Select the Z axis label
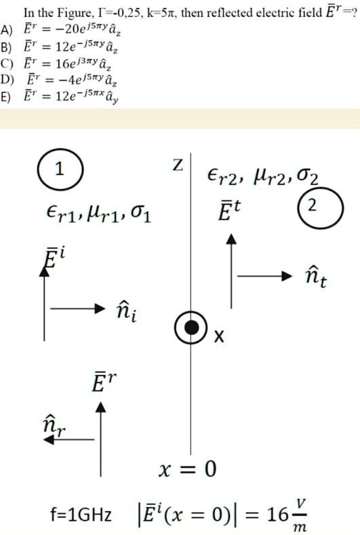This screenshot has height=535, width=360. [x=178, y=165]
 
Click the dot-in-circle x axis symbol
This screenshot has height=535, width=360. [x=191, y=328]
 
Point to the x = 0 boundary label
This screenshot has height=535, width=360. [x=187, y=469]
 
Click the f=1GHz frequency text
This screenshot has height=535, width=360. [x=81, y=514]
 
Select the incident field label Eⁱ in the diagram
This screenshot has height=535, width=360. [x=53, y=261]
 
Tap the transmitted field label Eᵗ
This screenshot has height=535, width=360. [x=229, y=210]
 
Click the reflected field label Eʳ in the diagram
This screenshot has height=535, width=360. [x=104, y=382]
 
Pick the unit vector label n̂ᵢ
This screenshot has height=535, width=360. [x=127, y=312]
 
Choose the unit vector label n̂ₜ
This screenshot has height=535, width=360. [x=315, y=277]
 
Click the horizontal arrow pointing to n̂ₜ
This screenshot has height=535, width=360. [x=265, y=276]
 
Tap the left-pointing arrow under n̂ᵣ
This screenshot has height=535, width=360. [x=69, y=439]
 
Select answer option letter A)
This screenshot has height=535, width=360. [x=7, y=30]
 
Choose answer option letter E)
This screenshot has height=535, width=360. [x=6, y=96]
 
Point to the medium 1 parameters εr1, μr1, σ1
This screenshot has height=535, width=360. [x=98, y=214]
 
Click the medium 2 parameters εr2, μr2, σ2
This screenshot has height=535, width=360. [x=263, y=177]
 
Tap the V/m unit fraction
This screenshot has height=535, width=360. [x=300, y=515]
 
